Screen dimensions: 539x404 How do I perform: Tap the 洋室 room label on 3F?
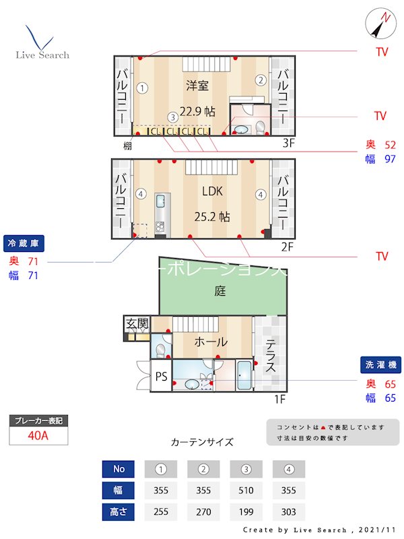point(197,86)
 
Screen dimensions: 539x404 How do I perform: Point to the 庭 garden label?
point(220,291)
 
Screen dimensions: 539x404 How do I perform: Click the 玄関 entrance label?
point(137,324)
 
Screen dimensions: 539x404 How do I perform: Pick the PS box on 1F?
point(162,377)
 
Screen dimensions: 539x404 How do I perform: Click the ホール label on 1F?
point(210,342)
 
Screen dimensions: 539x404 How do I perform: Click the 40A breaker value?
point(38,435)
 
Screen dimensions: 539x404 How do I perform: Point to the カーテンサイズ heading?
point(202,443)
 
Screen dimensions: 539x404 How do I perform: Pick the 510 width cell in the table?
point(246,490)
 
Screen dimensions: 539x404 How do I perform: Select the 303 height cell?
point(289,512)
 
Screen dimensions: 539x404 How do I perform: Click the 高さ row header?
point(119,512)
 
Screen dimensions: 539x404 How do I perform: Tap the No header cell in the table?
point(119,469)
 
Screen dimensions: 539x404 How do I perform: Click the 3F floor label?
point(288,143)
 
